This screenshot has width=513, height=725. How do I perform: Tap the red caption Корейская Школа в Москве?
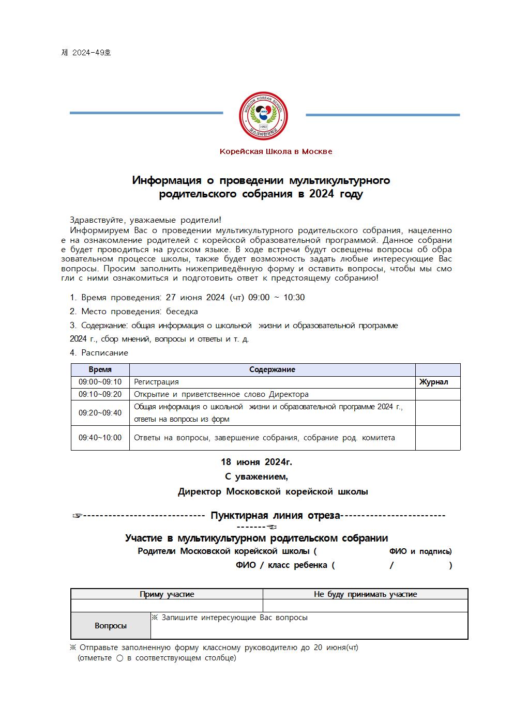276,151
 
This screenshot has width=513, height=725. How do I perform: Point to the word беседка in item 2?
182,311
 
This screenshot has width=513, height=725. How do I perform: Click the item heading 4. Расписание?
99,352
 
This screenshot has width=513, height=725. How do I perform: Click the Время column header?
100,369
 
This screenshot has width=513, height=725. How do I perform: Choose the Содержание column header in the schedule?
272,369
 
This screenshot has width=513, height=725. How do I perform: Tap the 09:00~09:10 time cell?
100,382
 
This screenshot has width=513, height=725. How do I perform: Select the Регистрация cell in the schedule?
156,382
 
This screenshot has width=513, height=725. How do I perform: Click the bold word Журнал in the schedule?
433,382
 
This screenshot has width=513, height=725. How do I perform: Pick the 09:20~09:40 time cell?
100,413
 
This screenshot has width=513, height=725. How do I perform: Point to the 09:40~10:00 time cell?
100,438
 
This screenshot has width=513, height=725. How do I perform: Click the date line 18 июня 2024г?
256,461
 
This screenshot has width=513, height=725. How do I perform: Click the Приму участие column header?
167,594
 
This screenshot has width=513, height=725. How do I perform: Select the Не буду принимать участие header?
365,594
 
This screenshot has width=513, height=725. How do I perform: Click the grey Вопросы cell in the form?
111,626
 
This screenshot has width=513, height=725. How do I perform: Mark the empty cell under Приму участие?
167,606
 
